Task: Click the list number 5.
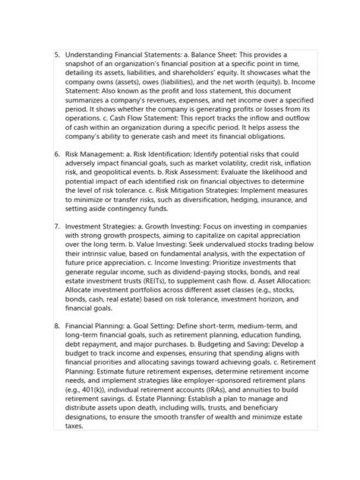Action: (x=57, y=55)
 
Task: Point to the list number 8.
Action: (x=57, y=346)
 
